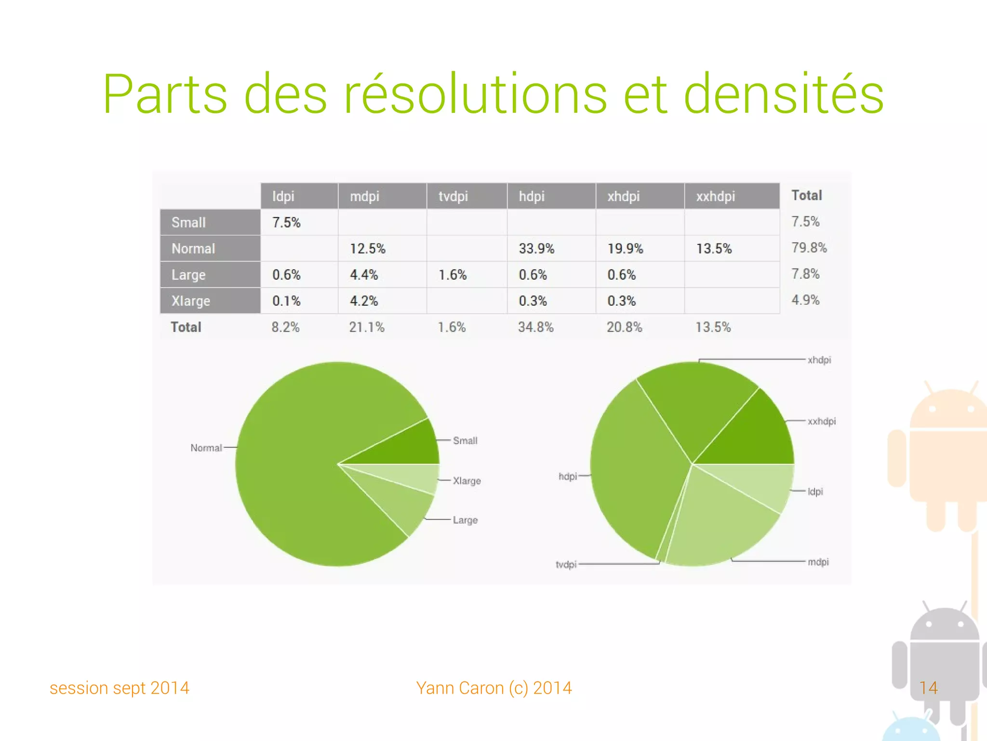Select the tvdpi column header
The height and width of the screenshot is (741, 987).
pyautogui.click(x=453, y=196)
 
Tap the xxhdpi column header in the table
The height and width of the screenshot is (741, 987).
pyautogui.click(x=715, y=196)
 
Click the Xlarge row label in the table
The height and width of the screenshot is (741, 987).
pyautogui.click(x=191, y=301)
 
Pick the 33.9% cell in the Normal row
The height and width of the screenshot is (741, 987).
pyautogui.click(x=536, y=249)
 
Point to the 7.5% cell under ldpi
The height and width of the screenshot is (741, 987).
pyautogui.click(x=286, y=222)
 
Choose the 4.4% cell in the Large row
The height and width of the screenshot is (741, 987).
pyautogui.click(x=364, y=275)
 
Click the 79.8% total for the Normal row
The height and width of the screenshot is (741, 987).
pyautogui.click(x=809, y=248)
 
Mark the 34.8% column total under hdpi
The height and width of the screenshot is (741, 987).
pyautogui.click(x=535, y=327)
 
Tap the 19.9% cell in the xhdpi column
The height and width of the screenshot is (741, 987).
pyautogui.click(x=625, y=249)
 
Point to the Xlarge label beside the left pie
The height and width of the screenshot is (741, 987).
pyautogui.click(x=467, y=481)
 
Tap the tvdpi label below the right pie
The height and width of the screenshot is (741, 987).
pyautogui.click(x=566, y=564)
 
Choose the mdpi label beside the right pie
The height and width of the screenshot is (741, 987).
pyautogui.click(x=818, y=562)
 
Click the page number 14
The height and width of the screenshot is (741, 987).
pyautogui.click(x=928, y=687)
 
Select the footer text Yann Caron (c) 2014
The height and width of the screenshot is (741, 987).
pyautogui.click(x=494, y=688)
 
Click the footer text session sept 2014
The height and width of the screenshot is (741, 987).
pyautogui.click(x=120, y=688)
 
